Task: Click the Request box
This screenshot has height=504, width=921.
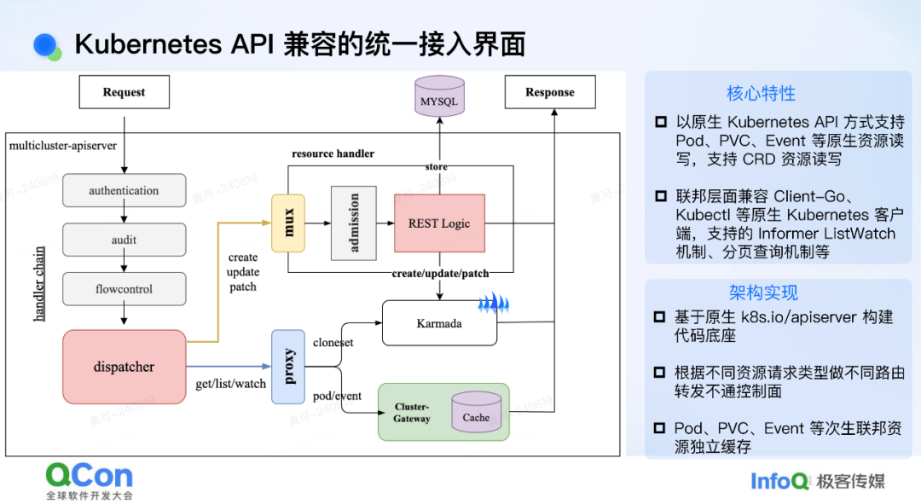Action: click(125, 91)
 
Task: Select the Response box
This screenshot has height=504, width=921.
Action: click(550, 91)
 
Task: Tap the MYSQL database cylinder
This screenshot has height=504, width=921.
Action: click(439, 96)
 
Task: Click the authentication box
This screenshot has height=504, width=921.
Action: click(124, 190)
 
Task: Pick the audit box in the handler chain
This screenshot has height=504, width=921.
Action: click(124, 240)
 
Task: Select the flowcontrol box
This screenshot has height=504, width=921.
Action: click(124, 289)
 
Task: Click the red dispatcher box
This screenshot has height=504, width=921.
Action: click(124, 367)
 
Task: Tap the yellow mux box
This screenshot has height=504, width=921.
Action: click(288, 223)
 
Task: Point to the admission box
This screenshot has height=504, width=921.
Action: click(354, 223)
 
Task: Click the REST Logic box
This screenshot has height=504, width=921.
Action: click(439, 223)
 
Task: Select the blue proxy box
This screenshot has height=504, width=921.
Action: click(288, 367)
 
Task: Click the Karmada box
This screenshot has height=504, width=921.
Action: click(439, 323)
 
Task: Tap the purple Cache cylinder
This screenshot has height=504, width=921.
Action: click(477, 412)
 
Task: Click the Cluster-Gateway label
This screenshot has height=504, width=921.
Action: click(412, 413)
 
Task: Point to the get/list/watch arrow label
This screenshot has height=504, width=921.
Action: click(231, 384)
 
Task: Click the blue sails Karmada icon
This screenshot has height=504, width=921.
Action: click(494, 303)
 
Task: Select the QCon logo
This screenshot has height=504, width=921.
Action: click(90, 481)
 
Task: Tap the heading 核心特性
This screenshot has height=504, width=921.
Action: click(762, 94)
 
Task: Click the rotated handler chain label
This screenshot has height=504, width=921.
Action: click(38, 284)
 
